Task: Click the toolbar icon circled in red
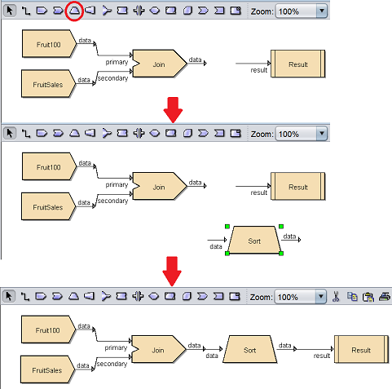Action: [74, 11]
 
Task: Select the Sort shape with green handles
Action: [254, 240]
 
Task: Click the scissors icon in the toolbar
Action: [336, 297]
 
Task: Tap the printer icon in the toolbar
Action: [385, 297]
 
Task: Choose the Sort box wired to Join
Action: [249, 349]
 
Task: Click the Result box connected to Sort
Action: [361, 349]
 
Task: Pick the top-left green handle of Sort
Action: [227, 226]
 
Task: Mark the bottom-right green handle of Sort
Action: [281, 254]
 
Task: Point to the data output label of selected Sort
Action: [289, 236]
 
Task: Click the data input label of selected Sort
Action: [216, 246]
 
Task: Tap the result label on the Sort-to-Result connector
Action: [322, 356]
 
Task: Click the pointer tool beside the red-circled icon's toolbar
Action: [10, 11]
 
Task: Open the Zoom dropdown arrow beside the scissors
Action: [321, 297]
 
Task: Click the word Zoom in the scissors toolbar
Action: [261, 297]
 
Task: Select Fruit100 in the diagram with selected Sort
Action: [49, 166]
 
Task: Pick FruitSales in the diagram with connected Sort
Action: [47, 369]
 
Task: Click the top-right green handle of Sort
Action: [281, 226]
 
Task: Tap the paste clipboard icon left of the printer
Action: [368, 297]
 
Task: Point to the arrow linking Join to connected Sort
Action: [213, 349]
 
